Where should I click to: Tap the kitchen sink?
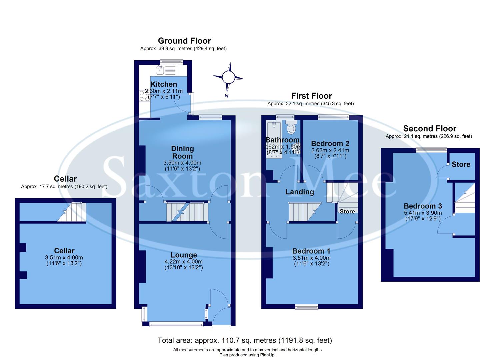point(160,70)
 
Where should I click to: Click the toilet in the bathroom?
point(292,128)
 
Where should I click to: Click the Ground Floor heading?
point(184,41)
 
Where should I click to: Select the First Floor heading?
point(311,96)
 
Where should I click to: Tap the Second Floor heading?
point(429,128)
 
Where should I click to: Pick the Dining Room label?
point(182,152)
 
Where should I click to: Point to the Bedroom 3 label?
point(423,206)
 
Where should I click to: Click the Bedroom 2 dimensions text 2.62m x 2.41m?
point(330,150)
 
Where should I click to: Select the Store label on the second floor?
point(461,164)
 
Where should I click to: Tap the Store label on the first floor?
point(347,211)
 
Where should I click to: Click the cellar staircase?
point(72,212)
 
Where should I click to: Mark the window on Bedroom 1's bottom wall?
point(307,307)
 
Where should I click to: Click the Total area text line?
point(245,340)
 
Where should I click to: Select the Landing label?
point(300,192)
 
